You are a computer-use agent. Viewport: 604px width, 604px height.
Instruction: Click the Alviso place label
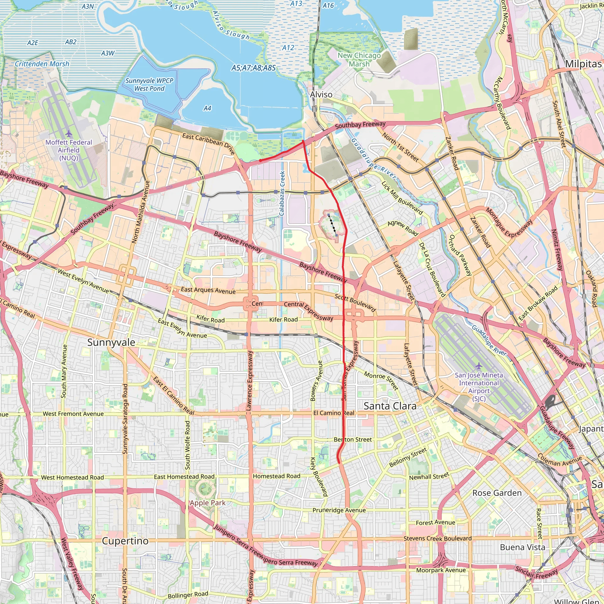coord(321,94)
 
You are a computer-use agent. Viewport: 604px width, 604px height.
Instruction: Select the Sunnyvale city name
coord(111,342)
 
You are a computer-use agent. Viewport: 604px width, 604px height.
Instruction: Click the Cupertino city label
coord(125,541)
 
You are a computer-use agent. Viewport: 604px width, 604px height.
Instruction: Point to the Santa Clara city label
coord(390,406)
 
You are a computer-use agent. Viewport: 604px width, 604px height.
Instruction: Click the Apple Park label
coord(208,503)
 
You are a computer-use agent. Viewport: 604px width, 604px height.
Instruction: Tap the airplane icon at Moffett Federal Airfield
coord(69,134)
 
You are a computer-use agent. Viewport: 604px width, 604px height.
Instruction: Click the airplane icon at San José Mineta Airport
coord(479,365)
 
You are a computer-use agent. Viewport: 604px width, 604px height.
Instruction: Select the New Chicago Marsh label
coord(359,59)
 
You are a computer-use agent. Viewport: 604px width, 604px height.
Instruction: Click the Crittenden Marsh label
coord(42,64)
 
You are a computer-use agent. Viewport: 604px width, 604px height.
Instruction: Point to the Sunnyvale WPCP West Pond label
coord(149,84)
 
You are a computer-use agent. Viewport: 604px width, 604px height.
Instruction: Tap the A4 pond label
coord(207,108)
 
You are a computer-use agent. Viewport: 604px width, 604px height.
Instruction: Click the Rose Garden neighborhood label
coord(497,493)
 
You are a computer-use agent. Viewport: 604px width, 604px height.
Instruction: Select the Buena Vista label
coord(522,547)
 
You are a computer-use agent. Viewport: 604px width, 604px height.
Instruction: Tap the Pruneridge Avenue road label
coord(339,510)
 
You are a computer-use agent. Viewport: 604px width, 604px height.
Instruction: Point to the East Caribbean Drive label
coord(209,144)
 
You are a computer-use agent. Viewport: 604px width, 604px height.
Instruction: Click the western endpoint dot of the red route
coord(260,160)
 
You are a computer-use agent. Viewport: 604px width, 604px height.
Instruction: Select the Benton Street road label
coord(353,439)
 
